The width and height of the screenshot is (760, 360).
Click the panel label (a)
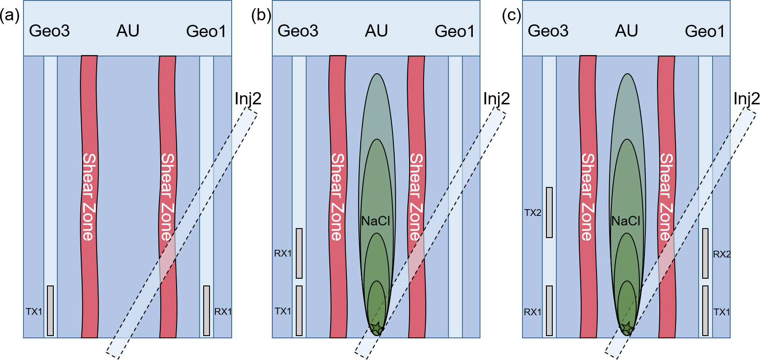click(10, 16)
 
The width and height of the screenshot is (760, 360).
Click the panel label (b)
click(261, 16)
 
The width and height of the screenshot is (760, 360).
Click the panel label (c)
click(511, 16)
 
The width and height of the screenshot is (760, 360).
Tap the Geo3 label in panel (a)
click(49, 31)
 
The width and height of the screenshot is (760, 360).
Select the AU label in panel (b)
click(376, 31)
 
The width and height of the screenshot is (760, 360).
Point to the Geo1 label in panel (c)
click(704, 31)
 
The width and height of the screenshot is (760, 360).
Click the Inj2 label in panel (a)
click(248, 99)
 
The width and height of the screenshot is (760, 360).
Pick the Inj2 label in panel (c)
click(746, 99)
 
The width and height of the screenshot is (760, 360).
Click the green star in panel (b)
click(376, 328)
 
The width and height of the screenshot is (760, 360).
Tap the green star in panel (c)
click(626, 328)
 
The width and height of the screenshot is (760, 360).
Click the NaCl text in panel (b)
click(376, 221)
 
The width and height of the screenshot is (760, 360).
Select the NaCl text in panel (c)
click(626, 221)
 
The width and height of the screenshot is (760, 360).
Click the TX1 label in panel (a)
click(34, 312)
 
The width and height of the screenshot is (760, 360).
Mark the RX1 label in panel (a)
click(223, 312)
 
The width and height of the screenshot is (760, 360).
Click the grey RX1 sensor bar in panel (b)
click(299, 253)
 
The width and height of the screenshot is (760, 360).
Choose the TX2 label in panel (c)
click(533, 213)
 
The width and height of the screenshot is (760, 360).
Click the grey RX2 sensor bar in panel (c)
click(705, 253)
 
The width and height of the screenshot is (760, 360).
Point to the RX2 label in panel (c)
click(722, 254)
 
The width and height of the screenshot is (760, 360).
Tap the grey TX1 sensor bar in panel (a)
click(51, 311)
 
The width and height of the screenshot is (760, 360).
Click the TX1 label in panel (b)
click(283, 311)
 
